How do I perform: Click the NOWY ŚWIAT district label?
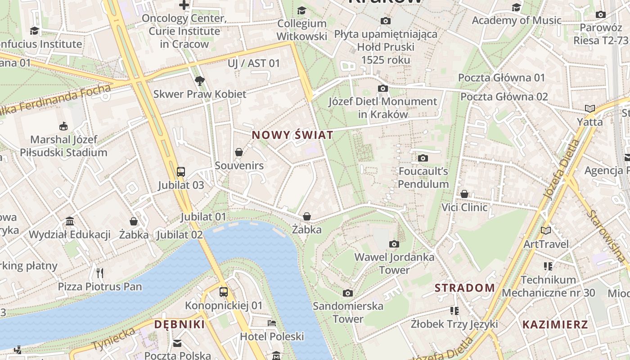pos(292,135)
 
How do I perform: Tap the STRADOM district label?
pos(464,288)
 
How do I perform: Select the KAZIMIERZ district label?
pos(555,324)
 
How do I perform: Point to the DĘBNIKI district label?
pos(180,324)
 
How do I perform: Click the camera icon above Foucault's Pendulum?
pos(423,158)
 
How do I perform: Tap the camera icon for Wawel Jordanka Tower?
pos(394,244)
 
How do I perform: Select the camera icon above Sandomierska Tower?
pos(348,293)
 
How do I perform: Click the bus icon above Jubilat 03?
pos(181,171)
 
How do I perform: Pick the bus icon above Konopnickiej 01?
pos(224,292)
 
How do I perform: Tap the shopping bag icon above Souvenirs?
pos(239,152)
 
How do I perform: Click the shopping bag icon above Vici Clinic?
pos(464,194)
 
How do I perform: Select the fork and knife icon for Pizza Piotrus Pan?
pos(100,273)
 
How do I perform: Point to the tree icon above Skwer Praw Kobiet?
pos(200,81)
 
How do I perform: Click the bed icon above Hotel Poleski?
pos(272,323)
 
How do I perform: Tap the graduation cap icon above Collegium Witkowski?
pos(301,10)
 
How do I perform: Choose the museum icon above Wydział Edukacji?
pos(70,221)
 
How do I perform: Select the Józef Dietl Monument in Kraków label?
pos(382,108)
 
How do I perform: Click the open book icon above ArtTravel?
pos(546,230)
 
